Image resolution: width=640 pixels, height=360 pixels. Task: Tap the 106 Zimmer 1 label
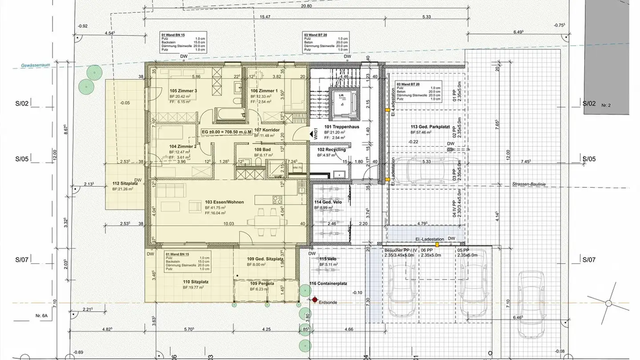[264, 91]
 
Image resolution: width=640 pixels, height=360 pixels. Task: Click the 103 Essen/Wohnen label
[224, 202]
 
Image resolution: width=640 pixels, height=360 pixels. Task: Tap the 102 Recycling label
[331, 150]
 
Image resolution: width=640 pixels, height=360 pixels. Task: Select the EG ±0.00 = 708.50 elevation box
[227, 132]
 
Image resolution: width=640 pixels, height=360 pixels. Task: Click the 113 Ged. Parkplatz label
[428, 127]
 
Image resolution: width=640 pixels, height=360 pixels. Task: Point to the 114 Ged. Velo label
[328, 202]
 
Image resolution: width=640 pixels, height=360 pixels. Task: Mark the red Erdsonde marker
[315, 301]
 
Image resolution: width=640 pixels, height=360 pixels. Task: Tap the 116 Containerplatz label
[328, 283]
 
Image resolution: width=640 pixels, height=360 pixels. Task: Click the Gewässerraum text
[35, 66]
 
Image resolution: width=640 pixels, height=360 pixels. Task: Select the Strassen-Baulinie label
[528, 184]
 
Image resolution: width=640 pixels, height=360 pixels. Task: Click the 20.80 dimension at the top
[306, 6]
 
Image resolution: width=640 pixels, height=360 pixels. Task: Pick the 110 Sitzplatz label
[196, 282]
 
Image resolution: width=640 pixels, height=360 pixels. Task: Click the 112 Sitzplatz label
[125, 183]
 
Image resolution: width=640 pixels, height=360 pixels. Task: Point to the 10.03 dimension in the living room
[228, 224]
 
